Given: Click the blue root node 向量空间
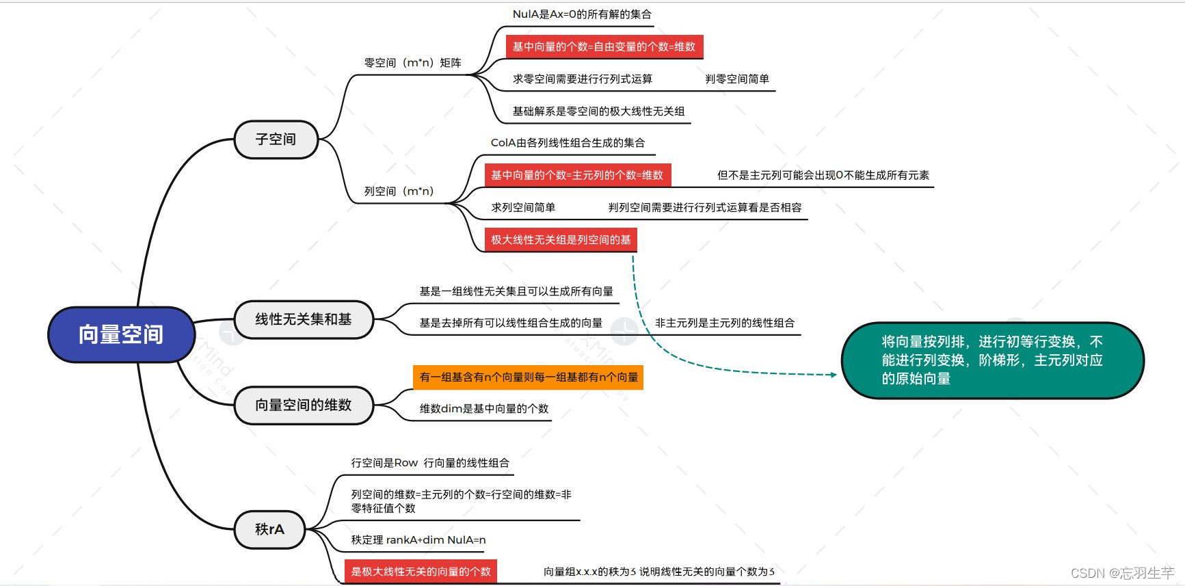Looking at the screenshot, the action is [x=121, y=334].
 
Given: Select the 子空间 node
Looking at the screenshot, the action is [x=276, y=139].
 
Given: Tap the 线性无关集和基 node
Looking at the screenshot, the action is [x=303, y=319].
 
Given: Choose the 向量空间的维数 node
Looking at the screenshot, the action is [x=303, y=405].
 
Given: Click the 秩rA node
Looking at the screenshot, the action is [x=269, y=529].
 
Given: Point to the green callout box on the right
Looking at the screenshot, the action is [x=991, y=360].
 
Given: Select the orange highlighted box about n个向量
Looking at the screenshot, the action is [x=528, y=377].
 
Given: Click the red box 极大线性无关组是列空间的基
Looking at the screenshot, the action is [x=560, y=240].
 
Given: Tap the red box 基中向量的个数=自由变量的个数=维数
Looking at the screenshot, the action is [x=604, y=46].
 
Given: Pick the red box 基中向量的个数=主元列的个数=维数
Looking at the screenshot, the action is [x=577, y=175].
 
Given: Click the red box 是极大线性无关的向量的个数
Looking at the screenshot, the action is [x=421, y=572].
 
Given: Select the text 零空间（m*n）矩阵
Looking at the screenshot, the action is [x=412, y=63].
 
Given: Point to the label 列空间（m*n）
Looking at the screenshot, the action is [x=399, y=191].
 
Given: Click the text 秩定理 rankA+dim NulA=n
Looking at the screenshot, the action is [x=418, y=540].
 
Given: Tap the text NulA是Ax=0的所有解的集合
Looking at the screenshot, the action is [x=582, y=14].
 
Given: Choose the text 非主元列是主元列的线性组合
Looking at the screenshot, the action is [x=724, y=323].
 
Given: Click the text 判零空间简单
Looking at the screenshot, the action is [x=736, y=79].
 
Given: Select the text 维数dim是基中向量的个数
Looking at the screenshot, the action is [x=483, y=409].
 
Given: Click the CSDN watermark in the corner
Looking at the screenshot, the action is [x=1121, y=573].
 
